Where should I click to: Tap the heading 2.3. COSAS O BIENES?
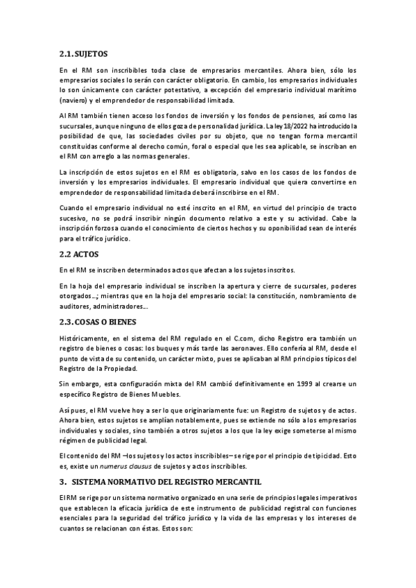click(99, 322)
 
